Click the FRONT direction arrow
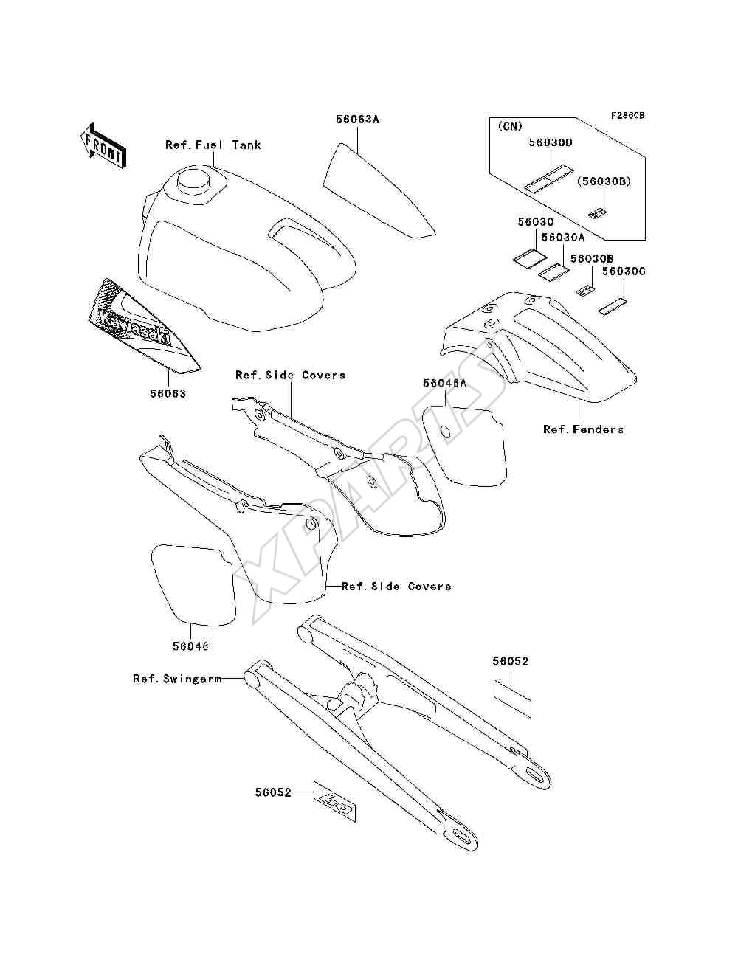[x=103, y=146]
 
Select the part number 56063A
[x=357, y=119]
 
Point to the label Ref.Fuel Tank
[x=213, y=145]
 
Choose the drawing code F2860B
[x=627, y=116]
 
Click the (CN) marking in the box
[x=510, y=126]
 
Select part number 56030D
[x=551, y=143]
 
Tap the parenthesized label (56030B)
[x=604, y=181]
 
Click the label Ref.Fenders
[x=583, y=429]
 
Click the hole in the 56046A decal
[x=446, y=432]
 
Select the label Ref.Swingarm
[x=177, y=679]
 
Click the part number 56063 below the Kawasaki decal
[x=168, y=393]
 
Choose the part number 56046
[x=190, y=646]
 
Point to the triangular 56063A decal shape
[x=379, y=190]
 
